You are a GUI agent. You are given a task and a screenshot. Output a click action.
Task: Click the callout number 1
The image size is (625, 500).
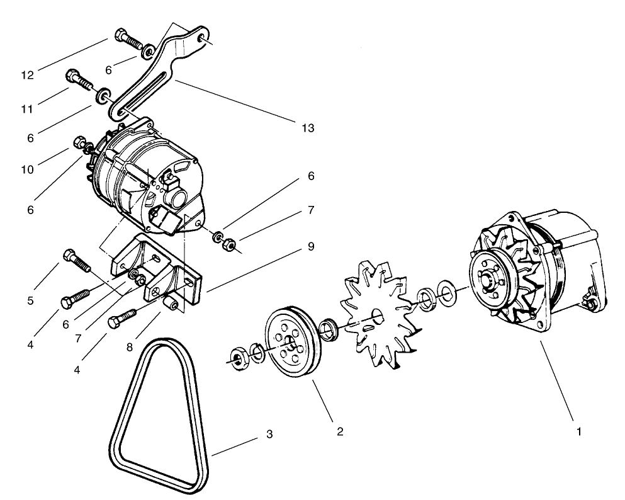pyautogui.click(x=579, y=432)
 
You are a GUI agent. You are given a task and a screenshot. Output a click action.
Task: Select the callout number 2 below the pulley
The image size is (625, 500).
pyautogui.click(x=340, y=432)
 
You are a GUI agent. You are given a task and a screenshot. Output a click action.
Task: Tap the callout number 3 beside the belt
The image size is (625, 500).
pyautogui.click(x=269, y=435)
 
